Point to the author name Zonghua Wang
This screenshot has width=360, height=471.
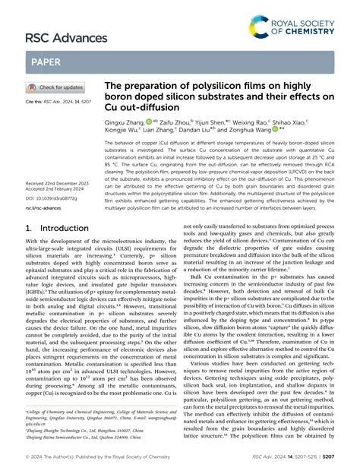click(x=285, y=151)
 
